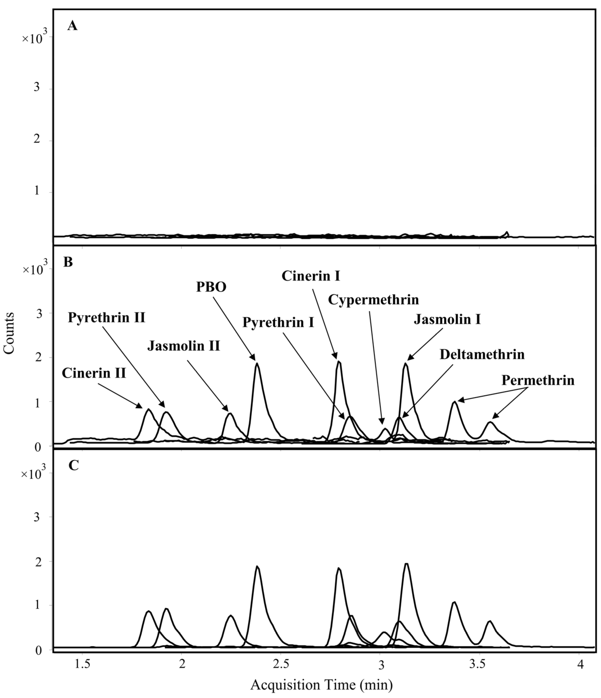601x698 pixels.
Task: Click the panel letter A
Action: tap(72, 25)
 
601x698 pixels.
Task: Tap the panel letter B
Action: tap(68, 262)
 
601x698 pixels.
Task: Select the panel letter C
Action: tap(74, 465)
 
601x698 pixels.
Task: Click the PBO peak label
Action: tap(211, 287)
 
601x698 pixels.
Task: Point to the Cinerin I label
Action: tap(311, 276)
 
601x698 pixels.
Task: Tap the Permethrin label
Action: tap(538, 380)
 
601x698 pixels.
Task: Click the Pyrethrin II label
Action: tap(107, 317)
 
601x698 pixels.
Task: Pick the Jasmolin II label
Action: tap(184, 346)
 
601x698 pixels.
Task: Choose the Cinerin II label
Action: tap(94, 373)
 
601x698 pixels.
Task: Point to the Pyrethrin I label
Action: tap(278, 322)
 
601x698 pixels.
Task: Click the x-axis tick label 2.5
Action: tap(281, 664)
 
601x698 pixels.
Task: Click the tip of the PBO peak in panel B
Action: tap(257, 363)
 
